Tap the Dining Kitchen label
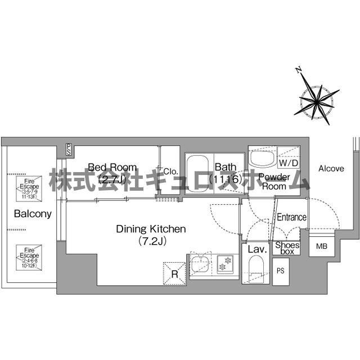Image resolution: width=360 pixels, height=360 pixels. pyautogui.click(x=150, y=229)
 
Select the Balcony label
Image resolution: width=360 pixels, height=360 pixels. pyautogui.click(x=33, y=214)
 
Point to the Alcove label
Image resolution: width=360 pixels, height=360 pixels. pyautogui.click(x=332, y=168)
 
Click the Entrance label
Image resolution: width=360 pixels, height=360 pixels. pyautogui.click(x=291, y=217)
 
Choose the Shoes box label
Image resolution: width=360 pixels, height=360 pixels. pyautogui.click(x=287, y=248)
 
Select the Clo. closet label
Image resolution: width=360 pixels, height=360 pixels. pyautogui.click(x=171, y=171)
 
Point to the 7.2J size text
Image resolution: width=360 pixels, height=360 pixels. pyautogui.click(x=150, y=241)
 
